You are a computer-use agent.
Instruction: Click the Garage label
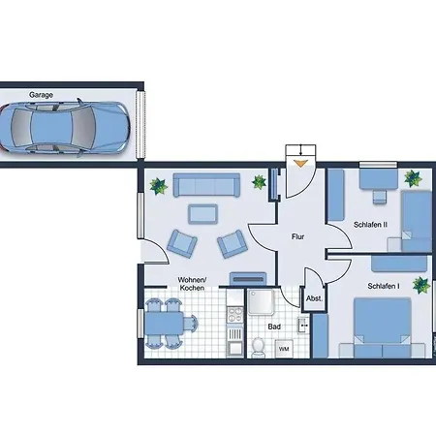point(42,96)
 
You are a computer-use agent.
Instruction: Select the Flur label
point(299,235)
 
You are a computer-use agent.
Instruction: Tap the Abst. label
point(314,299)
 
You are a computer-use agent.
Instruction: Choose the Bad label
point(274,327)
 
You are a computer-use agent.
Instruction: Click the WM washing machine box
point(284,349)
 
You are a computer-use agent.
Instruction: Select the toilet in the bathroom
point(259,347)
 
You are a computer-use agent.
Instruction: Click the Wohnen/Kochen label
point(192,284)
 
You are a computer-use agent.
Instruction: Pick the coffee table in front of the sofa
point(203,212)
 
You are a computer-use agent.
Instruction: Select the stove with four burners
point(233,313)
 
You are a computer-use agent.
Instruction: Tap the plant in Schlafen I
point(420,285)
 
